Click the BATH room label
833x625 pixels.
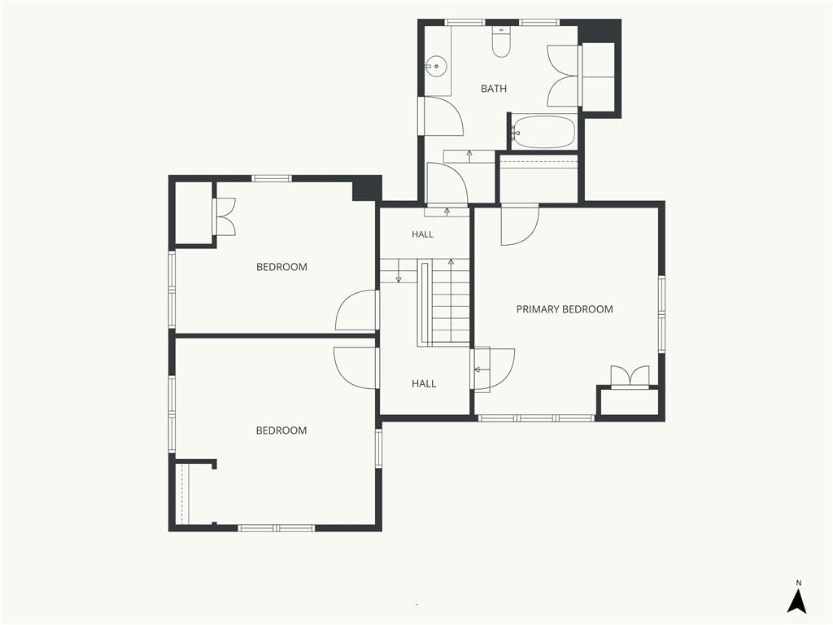(494, 89)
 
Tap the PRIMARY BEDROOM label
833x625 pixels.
(565, 309)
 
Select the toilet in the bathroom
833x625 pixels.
(501, 42)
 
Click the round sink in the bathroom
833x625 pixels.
(436, 67)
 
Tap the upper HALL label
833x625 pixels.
(422, 234)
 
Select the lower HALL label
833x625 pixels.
(424, 384)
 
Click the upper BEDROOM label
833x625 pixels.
(281, 267)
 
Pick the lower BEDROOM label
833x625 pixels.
(281, 431)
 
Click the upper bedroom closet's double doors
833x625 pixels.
(225, 216)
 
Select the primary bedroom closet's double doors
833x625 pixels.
(630, 375)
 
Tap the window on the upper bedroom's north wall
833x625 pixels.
(272, 178)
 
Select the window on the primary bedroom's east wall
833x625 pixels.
(662, 313)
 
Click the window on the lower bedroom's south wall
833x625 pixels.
(276, 527)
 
